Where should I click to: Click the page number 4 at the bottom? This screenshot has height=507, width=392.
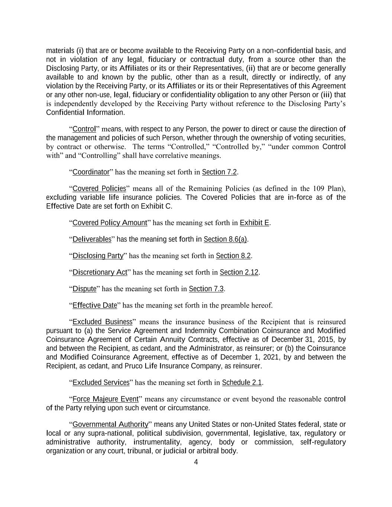coord(196,462)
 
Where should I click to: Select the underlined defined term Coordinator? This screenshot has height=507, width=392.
coord(91,172)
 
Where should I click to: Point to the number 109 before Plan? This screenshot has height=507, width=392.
coord(319,188)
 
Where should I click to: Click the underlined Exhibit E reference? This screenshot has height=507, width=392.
coord(255,223)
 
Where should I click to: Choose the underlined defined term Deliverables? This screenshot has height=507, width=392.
coord(92,239)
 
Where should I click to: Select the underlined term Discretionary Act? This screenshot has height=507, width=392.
coord(100,272)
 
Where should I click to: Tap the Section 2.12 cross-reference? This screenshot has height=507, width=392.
coord(239,272)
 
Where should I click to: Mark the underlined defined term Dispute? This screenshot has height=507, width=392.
coord(84,289)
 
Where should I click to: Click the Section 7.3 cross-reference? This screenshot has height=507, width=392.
coord(206,289)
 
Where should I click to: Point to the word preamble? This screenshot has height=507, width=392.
coord(235,306)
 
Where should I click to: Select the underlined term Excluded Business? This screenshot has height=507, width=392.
coord(103,322)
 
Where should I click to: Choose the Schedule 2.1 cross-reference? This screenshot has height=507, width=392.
coord(242,383)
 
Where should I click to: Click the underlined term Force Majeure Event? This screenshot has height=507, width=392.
coord(106,399)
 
